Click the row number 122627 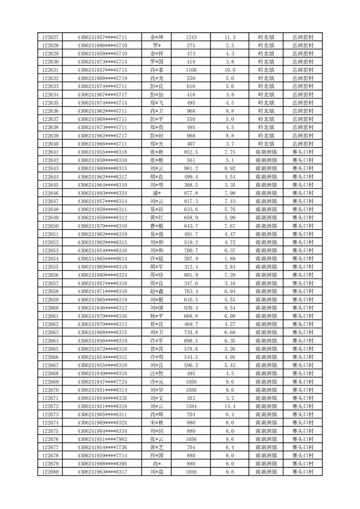[x=50, y=37]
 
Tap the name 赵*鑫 [x=156, y=291]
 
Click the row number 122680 [x=50, y=472]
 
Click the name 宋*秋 [x=156, y=423]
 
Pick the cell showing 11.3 [x=230, y=37]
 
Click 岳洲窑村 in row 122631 [x=302, y=70]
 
